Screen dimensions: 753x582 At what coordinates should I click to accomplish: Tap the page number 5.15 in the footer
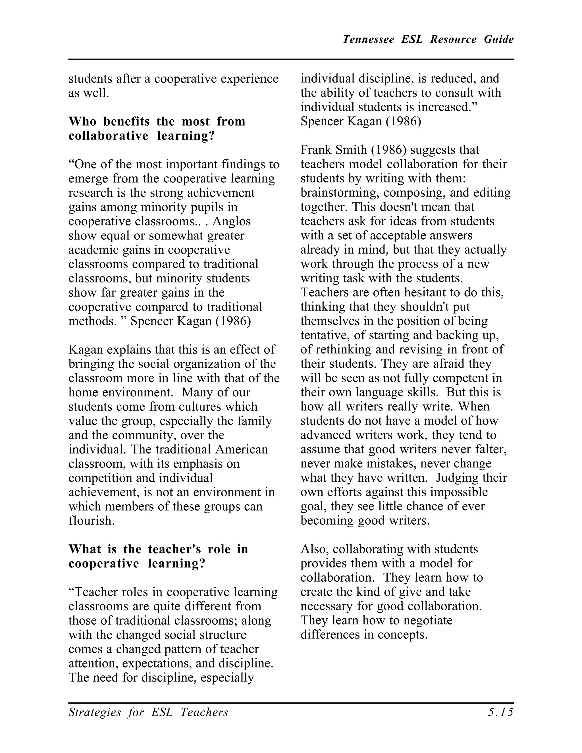point(500,712)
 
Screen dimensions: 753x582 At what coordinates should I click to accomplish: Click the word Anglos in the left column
point(231,221)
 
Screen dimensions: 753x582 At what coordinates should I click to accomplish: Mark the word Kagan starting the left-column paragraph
point(86,349)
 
